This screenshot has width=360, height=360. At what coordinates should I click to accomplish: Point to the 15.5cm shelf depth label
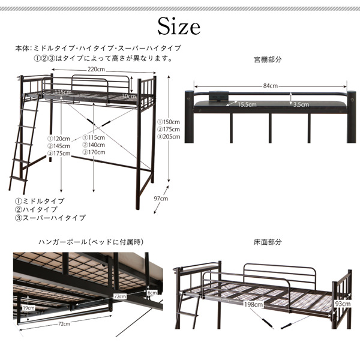(x=246, y=104)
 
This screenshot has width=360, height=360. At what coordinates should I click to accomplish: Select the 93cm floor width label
(x=341, y=304)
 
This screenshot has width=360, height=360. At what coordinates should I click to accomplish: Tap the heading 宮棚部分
(x=268, y=60)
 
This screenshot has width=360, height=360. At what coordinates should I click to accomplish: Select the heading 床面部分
(x=268, y=242)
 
